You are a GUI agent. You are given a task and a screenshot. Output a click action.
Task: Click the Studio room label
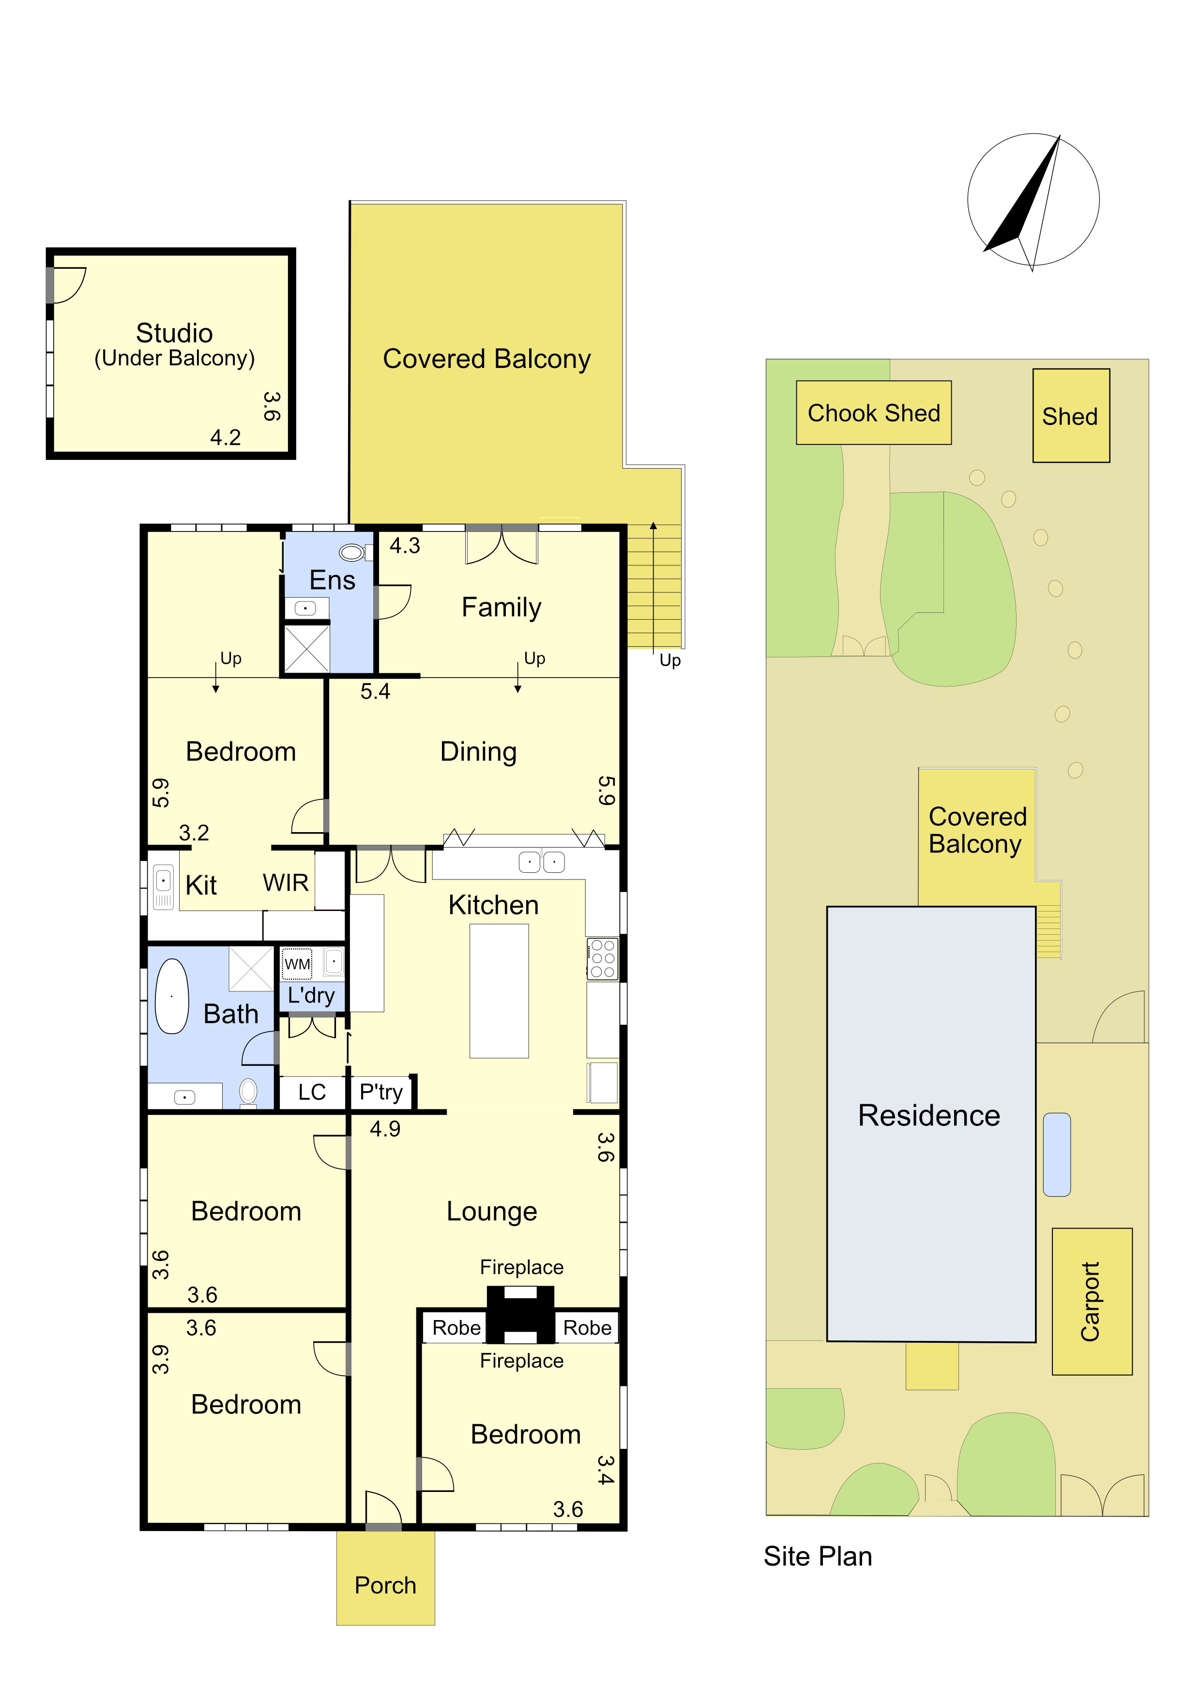[175, 333]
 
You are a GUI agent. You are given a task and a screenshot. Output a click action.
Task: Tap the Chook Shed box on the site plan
[873, 413]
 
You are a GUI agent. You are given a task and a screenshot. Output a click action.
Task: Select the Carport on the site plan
[1092, 1302]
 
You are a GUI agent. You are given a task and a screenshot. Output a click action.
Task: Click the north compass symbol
[1033, 200]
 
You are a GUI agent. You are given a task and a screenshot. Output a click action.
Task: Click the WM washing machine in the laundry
[297, 964]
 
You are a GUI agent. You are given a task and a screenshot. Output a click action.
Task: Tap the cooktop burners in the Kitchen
[602, 958]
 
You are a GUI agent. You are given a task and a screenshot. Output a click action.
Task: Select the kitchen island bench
[499, 991]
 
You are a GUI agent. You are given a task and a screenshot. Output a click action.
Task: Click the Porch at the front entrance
[385, 1578]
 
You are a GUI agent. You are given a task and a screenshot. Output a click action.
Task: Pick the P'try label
[381, 1093]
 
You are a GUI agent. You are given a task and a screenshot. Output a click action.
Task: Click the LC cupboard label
[312, 1093]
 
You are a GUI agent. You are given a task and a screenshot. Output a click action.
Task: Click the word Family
[502, 607]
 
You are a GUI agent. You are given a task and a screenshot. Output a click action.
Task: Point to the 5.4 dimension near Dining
[375, 692]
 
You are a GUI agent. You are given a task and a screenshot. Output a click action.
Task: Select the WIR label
[286, 882]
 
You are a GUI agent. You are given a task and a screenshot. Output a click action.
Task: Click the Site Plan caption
[818, 1556]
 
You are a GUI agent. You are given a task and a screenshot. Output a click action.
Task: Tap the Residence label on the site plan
[929, 1115]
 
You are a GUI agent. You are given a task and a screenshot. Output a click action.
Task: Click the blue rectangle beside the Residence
[1057, 1155]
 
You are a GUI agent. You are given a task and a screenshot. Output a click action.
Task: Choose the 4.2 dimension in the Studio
[226, 437]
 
